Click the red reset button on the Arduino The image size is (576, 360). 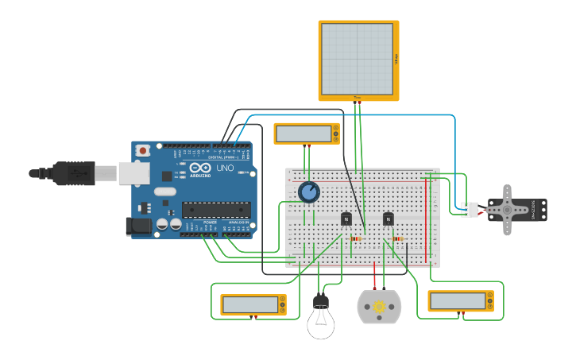click(143, 150)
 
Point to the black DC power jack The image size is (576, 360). click(138, 226)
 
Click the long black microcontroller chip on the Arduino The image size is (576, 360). click(216, 210)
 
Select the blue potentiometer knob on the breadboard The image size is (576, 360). click(308, 192)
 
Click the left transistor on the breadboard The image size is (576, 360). click(346, 219)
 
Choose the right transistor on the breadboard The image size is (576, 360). click(388, 219)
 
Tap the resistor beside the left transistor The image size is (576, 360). click(355, 238)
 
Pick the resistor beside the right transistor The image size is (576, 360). click(397, 238)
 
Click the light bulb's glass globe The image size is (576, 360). click(321, 324)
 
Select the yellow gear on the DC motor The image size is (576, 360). click(380, 308)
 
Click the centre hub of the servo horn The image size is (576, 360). click(508, 210)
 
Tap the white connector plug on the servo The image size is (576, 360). click(470, 209)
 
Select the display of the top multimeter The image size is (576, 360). click(303, 134)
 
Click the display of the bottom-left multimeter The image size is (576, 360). click(249, 304)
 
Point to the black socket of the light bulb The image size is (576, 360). click(321, 301)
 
